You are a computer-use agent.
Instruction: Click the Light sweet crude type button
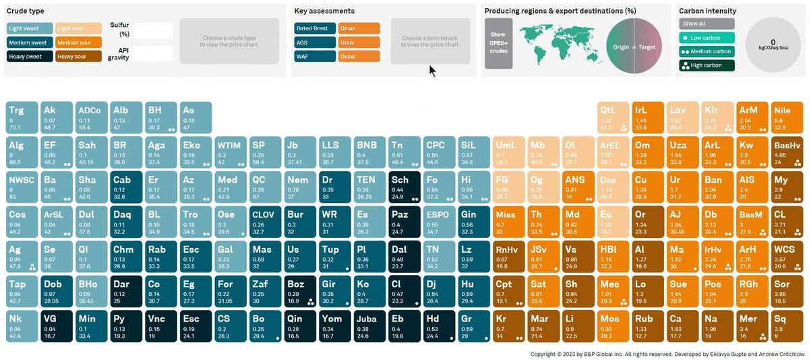pos(29,28)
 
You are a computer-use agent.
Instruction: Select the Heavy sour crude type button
pos(78,57)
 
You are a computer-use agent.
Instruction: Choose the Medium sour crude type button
pos(78,42)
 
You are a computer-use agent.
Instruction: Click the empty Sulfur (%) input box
pos(153,31)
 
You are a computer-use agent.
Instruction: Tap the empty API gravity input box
pos(153,54)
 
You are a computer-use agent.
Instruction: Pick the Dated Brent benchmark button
pos(315,28)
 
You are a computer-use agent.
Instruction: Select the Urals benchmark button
pos(359,42)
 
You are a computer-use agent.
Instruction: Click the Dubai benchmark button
pos(359,57)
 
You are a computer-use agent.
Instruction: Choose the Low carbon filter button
pos(707,37)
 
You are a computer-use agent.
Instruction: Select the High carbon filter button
pos(707,65)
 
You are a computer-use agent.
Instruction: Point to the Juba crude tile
pos(369,326)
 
